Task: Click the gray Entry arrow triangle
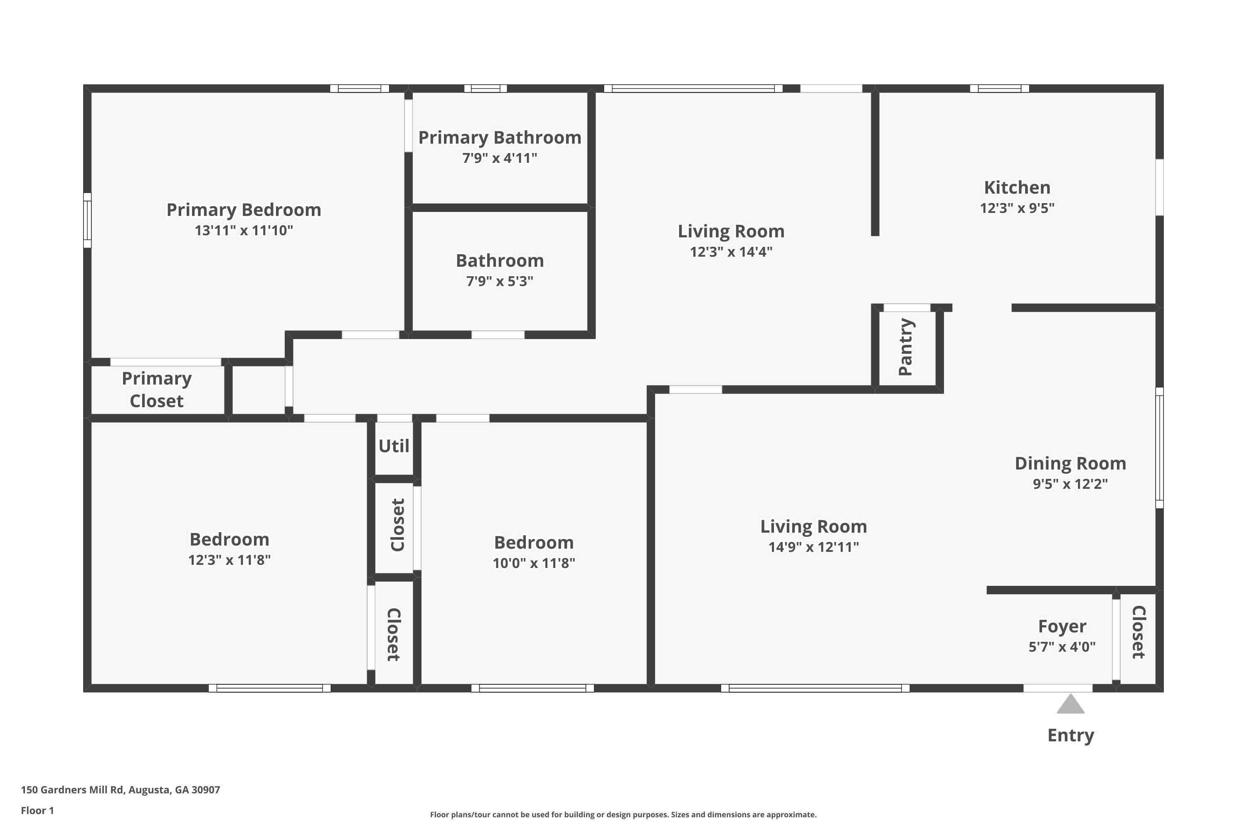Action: click(x=1070, y=705)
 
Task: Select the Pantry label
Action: click(x=906, y=347)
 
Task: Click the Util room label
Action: click(x=394, y=446)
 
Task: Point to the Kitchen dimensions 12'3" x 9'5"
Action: click(x=1017, y=208)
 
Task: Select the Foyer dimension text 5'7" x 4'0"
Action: click(x=1062, y=647)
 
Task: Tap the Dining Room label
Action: click(x=1070, y=463)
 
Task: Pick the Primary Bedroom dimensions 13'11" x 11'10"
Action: click(x=244, y=231)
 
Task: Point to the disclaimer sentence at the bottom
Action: click(x=623, y=814)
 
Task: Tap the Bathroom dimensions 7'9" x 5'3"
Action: click(x=500, y=281)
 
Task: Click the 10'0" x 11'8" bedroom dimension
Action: click(x=534, y=563)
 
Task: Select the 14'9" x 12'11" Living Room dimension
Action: click(x=814, y=547)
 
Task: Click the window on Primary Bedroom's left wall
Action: click(x=87, y=220)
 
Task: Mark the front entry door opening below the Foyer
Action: click(x=1058, y=688)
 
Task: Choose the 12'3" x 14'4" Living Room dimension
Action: click(x=731, y=252)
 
